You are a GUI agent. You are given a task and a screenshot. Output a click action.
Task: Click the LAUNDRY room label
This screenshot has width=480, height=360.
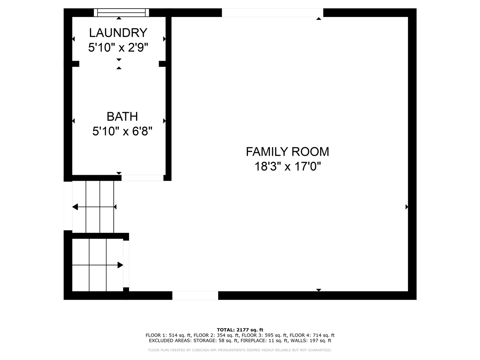pos(118,33)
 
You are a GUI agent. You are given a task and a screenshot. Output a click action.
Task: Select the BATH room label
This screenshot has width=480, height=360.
pos(122,117)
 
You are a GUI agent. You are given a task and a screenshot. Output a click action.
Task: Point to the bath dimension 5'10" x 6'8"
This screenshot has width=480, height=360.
pos(122,132)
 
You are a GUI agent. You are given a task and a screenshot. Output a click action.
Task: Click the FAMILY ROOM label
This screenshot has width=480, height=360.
pos(287,151)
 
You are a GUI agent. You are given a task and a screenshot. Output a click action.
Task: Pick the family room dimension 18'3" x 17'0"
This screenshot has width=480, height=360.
pos(288,166)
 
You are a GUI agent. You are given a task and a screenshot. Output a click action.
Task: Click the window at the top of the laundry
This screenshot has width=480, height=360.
pos(121,13)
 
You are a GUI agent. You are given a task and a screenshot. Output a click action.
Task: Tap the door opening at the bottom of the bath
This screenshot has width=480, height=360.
pos(142,178)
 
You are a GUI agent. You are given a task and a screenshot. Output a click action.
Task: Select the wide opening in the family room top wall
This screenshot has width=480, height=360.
pos(272,13)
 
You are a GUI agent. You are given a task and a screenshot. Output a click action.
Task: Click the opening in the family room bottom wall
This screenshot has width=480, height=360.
pos(195,295)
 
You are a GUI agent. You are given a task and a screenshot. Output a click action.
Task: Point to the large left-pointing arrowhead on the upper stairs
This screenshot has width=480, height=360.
pos(75,207)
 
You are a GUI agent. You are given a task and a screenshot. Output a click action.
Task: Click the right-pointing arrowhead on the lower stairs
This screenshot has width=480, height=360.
pos(120,265)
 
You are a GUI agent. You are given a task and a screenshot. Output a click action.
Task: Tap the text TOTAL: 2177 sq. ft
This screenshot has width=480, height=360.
pos(240,330)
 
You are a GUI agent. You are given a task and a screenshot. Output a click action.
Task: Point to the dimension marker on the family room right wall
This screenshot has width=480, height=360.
pos(406,207)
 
